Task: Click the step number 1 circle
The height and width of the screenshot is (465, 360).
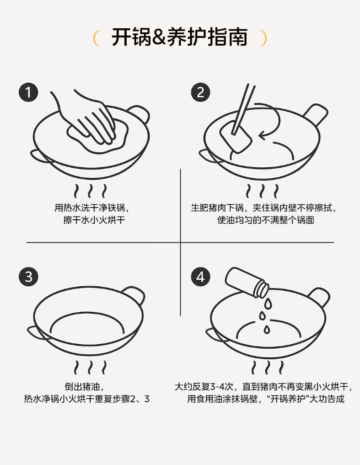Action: [28, 92]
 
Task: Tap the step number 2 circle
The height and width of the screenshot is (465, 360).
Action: [201, 92]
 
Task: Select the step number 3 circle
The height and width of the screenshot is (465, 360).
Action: [28, 277]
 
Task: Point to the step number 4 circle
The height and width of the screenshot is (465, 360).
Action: [201, 277]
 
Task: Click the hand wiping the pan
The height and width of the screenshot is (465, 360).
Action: [89, 119]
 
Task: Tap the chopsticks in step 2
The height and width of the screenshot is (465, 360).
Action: [243, 109]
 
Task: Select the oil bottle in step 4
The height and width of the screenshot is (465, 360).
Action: [247, 282]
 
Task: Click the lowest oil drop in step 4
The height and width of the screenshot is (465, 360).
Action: [267, 329]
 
